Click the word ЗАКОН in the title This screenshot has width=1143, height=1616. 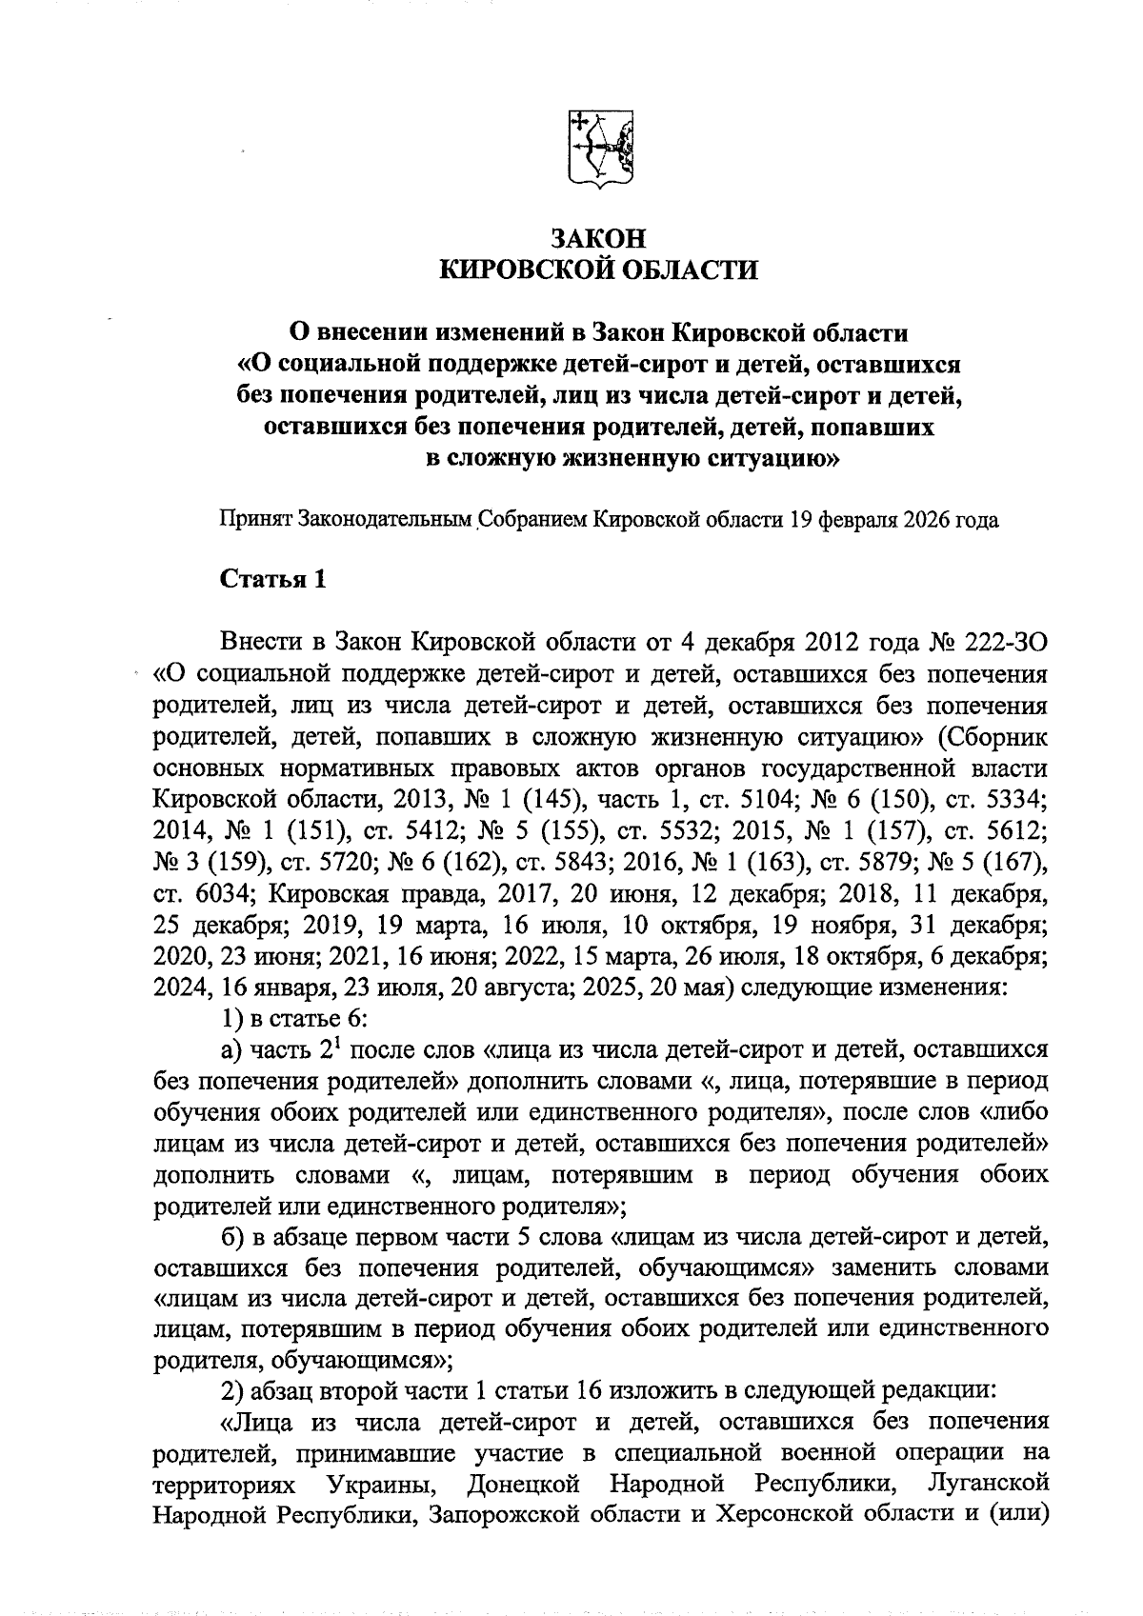click(x=599, y=238)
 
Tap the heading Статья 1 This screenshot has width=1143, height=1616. click(x=273, y=580)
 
